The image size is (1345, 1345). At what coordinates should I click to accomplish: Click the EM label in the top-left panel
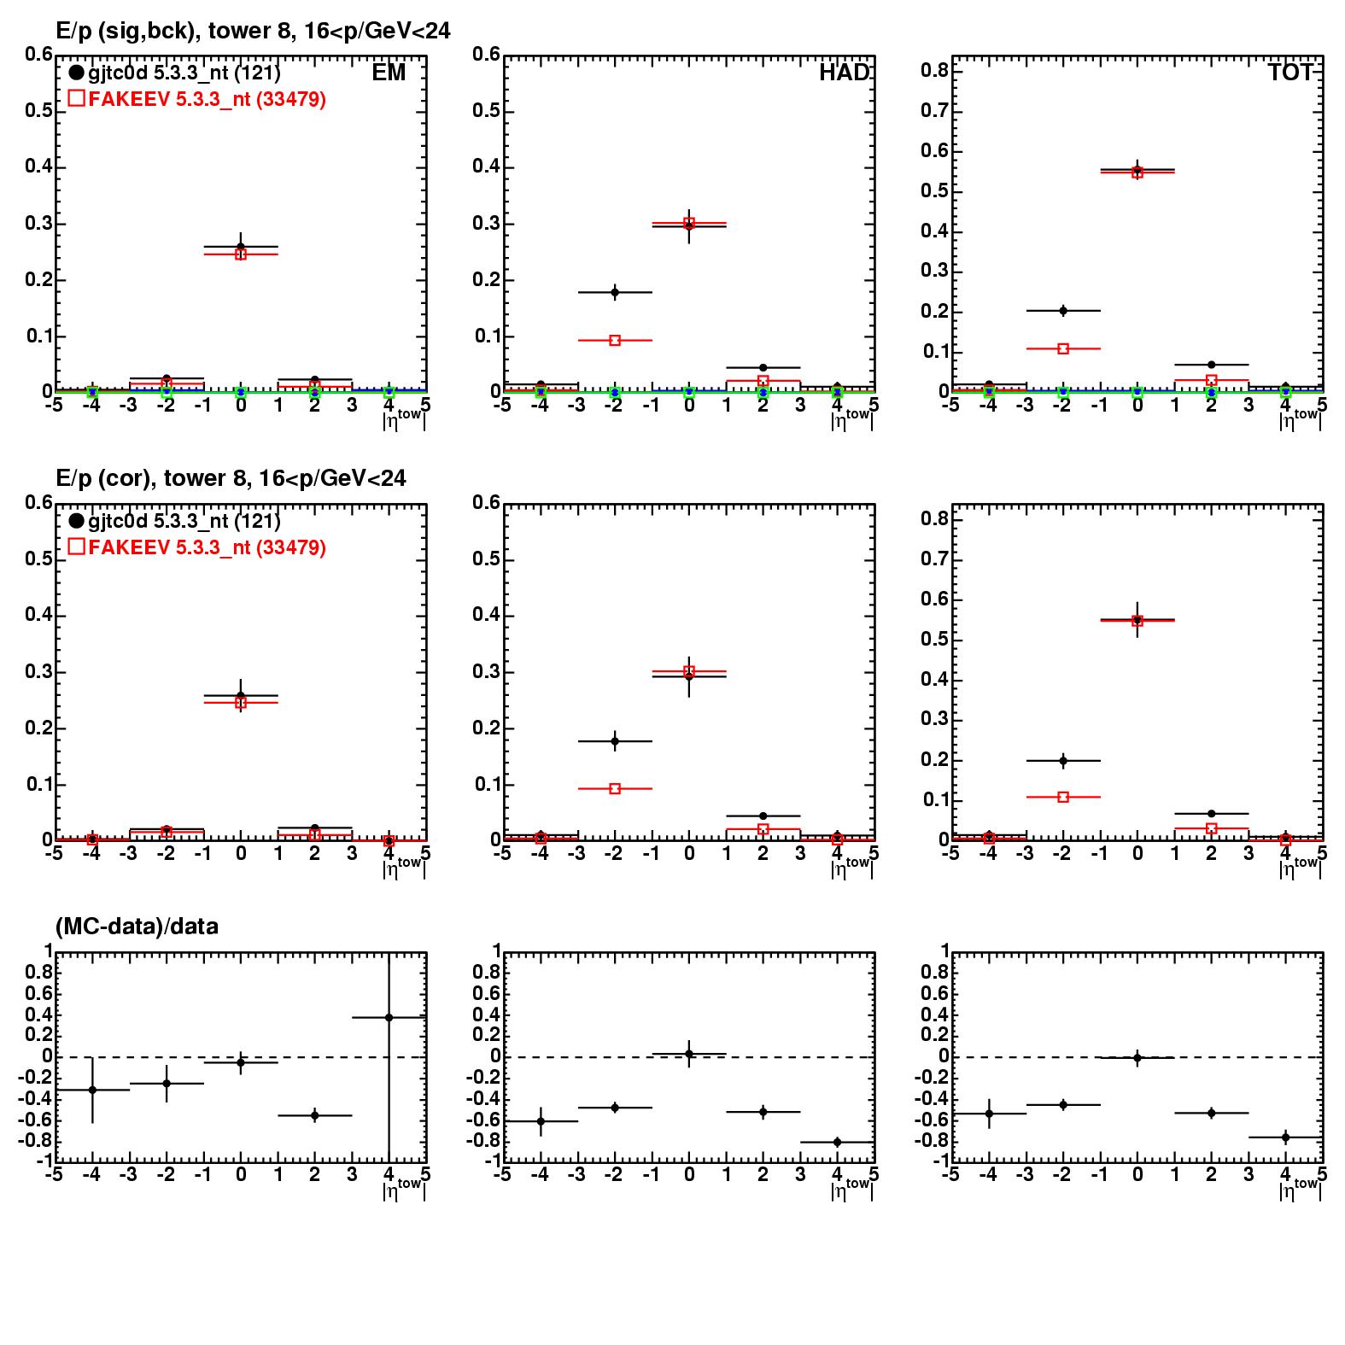389,73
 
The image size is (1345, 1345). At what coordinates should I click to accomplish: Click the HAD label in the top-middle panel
844,73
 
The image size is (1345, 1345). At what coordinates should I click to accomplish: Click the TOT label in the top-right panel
1289,73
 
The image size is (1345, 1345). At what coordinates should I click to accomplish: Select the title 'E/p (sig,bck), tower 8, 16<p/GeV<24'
253,31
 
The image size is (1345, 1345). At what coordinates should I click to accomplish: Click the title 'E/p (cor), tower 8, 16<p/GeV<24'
231,478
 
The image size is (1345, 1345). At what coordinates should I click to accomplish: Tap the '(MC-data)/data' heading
137,927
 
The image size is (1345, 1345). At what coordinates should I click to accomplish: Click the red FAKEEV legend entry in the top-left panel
197,99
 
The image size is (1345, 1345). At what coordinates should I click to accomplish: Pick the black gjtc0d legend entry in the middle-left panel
175,521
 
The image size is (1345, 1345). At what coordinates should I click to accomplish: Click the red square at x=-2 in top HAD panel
615,340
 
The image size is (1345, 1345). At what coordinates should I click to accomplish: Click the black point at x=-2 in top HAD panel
615,292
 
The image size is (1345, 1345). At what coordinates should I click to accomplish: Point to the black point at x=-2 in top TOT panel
1063,311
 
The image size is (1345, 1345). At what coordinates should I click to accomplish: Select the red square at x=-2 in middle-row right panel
1063,797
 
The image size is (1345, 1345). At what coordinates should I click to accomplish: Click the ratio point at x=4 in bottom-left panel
389,1017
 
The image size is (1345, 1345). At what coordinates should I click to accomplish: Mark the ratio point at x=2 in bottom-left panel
315,1115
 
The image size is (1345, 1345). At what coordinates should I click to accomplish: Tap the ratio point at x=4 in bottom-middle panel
837,1142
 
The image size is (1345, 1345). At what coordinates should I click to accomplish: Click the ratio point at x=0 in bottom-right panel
1137,1058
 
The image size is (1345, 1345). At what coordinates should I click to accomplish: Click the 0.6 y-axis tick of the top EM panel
38,55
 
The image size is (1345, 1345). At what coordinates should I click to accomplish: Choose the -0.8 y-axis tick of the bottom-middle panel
483,1141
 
